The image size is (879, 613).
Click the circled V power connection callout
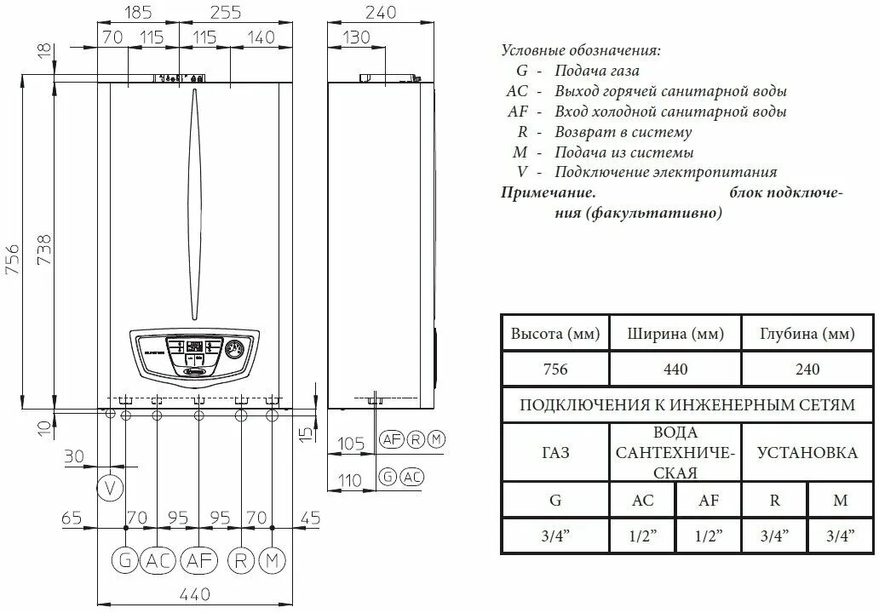pos(109,489)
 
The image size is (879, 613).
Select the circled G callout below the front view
pos(124,560)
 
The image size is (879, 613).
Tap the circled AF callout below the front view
pos(198,560)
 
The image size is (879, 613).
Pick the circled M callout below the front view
pos(272,560)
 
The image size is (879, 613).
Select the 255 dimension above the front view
pos(224,12)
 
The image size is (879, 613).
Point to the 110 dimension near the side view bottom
pos(350,481)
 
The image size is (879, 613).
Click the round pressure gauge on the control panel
pos(235,349)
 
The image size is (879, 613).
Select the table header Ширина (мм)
pos(675,333)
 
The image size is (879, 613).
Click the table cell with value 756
pos(554,369)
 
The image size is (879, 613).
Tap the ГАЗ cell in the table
pos(554,452)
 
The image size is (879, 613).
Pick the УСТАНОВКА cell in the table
pos(807,452)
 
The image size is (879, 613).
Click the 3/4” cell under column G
pos(554,536)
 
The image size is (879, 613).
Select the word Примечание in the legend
pos(548,193)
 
